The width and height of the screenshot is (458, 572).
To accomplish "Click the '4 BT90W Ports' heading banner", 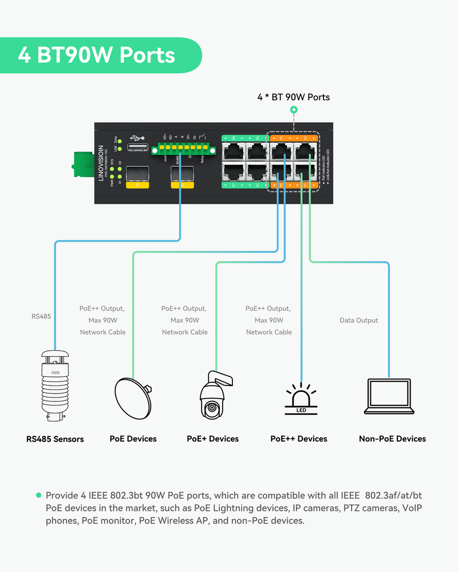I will pyautogui.click(x=97, y=55).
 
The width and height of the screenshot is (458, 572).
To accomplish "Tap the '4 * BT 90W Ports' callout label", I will pyautogui.click(x=293, y=97).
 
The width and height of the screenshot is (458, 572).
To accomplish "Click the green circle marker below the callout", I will pyautogui.click(x=294, y=109).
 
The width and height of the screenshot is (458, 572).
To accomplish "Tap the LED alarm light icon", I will pyautogui.click(x=301, y=398).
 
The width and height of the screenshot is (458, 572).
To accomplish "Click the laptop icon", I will pyautogui.click(x=388, y=396).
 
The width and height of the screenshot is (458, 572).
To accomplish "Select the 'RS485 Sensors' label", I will pyautogui.click(x=55, y=439).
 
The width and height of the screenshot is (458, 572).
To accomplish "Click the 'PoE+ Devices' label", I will pyautogui.click(x=212, y=439).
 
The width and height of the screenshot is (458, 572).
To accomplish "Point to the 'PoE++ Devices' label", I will pyautogui.click(x=299, y=439).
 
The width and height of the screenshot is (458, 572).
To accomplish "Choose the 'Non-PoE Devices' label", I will pyautogui.click(x=392, y=439).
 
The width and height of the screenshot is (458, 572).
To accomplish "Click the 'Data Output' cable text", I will pyautogui.click(x=359, y=320).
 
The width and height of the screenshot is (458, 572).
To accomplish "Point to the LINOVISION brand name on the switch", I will pyautogui.click(x=101, y=162).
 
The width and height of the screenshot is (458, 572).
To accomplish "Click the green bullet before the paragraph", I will pyautogui.click(x=39, y=495).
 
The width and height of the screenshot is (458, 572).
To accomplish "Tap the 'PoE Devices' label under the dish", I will pyautogui.click(x=133, y=439).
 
